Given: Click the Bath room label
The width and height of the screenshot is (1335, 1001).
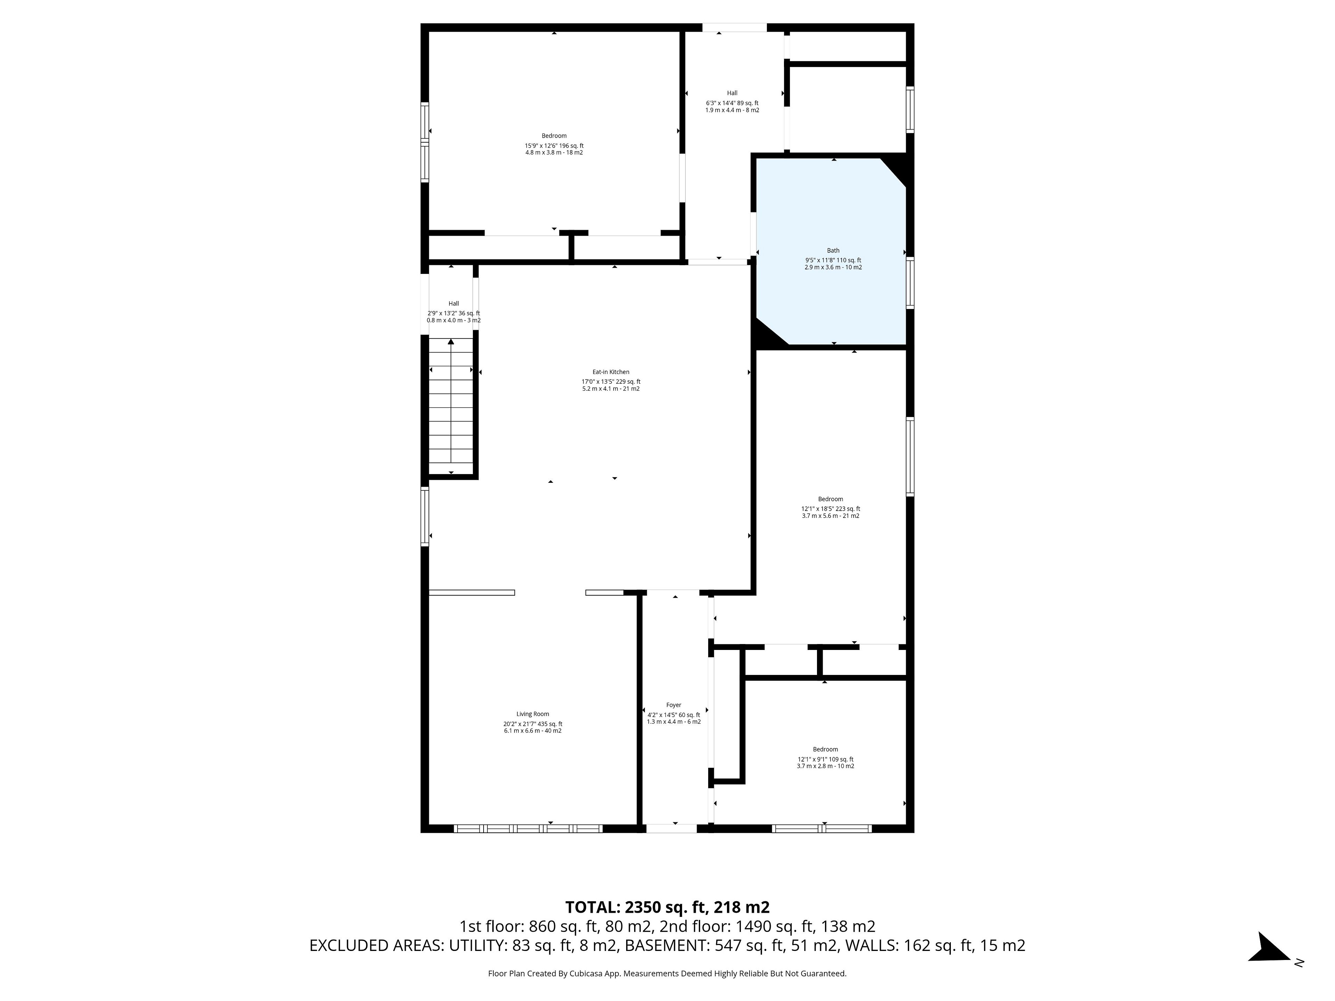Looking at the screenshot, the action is (x=833, y=250).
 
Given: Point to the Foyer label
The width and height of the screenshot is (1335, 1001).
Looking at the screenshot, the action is (x=673, y=705).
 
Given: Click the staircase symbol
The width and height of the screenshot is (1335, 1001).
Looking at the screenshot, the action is (x=451, y=406).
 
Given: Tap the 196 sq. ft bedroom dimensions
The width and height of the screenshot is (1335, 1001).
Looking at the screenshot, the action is (x=554, y=149).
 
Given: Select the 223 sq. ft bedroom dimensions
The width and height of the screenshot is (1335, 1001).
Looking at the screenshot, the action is (x=831, y=512).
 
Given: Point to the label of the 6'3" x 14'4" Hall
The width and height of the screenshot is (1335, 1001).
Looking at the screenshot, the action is (x=732, y=93).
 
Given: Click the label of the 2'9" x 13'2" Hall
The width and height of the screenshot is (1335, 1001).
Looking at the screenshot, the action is (x=454, y=303).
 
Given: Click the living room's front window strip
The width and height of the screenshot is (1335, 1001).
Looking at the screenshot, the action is (x=528, y=829).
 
